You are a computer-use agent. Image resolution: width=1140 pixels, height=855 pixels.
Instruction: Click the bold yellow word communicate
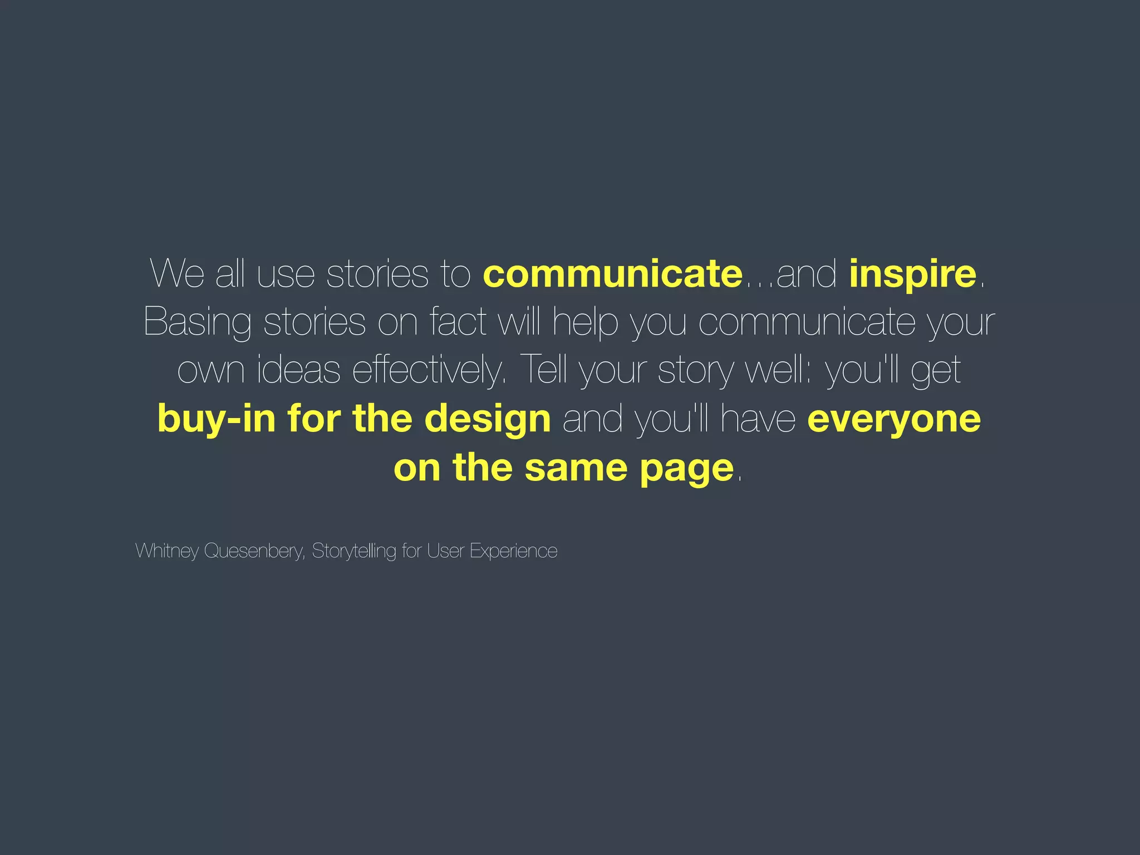(x=612, y=274)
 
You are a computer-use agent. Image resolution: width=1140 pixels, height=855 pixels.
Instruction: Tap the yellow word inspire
(x=912, y=275)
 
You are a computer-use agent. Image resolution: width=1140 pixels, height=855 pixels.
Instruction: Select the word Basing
(x=197, y=323)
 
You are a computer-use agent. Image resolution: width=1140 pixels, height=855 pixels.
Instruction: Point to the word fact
(x=458, y=322)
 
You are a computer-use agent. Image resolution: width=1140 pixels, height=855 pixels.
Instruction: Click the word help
(x=585, y=323)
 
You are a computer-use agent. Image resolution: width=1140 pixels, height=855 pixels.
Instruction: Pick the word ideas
(x=298, y=370)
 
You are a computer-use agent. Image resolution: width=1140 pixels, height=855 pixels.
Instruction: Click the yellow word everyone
(x=893, y=420)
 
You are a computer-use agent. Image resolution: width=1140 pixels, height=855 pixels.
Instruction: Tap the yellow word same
(x=576, y=468)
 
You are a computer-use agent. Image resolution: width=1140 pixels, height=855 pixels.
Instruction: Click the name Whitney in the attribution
(x=167, y=551)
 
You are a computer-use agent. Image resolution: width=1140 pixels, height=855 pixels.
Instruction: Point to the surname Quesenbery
(x=254, y=551)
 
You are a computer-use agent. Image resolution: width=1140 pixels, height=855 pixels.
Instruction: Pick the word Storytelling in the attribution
(x=354, y=551)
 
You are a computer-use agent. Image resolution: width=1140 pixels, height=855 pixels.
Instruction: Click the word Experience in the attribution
(x=513, y=551)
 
